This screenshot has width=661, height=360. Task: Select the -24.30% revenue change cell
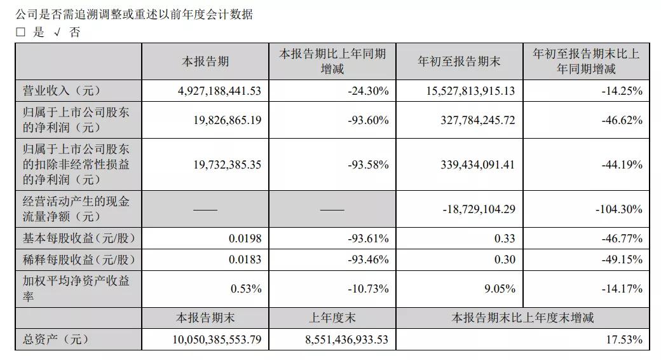tap(368, 91)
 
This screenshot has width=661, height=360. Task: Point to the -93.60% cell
tap(368, 120)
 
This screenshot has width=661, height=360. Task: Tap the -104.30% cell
tap(619, 209)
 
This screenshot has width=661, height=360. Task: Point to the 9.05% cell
tap(499, 289)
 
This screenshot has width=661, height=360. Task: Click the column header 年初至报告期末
tap(459, 62)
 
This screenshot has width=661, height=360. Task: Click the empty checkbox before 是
tap(21, 33)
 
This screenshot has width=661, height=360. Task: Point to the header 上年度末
tap(332, 317)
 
